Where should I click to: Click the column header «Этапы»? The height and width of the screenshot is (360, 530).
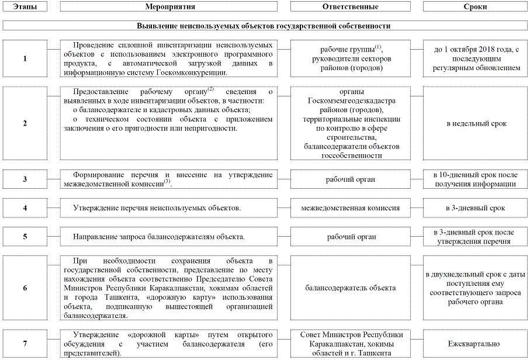(x=25, y=6)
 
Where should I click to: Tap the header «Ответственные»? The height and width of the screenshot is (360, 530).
(x=351, y=6)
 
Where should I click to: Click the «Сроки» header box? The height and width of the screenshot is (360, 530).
(x=476, y=6)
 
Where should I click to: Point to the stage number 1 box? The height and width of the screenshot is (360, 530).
(x=25, y=58)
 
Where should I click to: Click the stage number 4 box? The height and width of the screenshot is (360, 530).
(x=25, y=208)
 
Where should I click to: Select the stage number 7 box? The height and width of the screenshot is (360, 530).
(x=25, y=344)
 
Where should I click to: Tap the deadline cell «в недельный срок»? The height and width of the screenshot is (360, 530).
(x=476, y=124)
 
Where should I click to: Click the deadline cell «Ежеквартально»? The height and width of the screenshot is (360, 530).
(x=476, y=344)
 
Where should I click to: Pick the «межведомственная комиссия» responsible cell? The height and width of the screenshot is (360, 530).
(x=351, y=208)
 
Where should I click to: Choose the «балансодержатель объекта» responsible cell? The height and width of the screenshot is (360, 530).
(x=351, y=288)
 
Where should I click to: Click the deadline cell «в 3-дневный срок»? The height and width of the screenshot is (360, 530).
(x=476, y=208)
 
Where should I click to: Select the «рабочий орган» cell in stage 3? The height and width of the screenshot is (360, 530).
(x=351, y=179)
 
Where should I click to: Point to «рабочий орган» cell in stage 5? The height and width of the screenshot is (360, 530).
(x=351, y=237)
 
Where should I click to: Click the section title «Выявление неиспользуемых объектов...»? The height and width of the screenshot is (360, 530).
(x=264, y=26)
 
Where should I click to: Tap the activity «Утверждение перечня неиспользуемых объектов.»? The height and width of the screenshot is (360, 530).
(x=157, y=208)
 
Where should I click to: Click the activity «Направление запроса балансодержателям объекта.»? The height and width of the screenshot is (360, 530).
(x=158, y=237)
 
